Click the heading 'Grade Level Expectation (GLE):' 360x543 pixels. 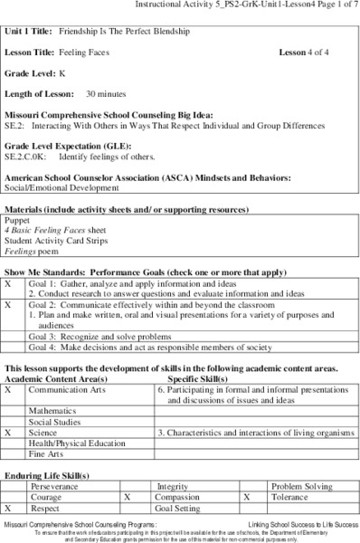pyautogui.click(x=65, y=144)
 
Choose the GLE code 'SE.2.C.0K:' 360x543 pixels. pyautogui.click(x=29, y=156)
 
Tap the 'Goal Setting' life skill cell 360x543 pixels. pyautogui.click(x=180, y=509)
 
